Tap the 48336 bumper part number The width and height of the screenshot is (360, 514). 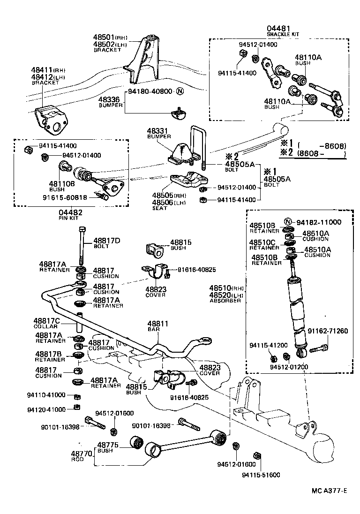pos(109,99)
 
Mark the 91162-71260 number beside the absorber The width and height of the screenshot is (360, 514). pos(328,331)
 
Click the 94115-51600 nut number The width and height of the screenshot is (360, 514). pos(261,475)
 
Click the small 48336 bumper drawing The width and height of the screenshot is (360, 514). pos(179,112)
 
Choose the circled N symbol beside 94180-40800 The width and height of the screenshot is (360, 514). pos(180,91)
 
